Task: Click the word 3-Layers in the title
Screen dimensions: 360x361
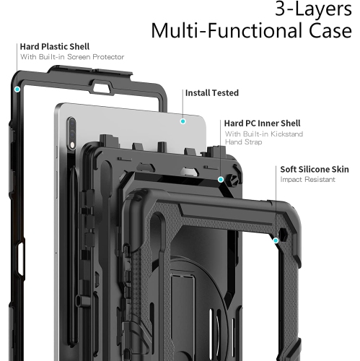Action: [x=313, y=9]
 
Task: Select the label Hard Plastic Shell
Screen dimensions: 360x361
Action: [x=55, y=47]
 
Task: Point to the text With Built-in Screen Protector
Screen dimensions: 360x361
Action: [x=72, y=57]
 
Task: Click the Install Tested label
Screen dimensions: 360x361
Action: [x=212, y=93]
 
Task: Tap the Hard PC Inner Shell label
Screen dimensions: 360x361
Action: [x=262, y=123]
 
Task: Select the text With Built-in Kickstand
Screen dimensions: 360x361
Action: [x=264, y=134]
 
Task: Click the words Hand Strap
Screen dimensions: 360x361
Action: [x=243, y=142]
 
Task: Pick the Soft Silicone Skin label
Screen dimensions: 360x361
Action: [x=315, y=170]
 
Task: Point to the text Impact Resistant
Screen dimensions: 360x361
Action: [x=307, y=180]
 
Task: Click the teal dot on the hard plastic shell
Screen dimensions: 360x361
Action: [x=17, y=90]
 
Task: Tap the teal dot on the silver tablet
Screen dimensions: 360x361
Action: [x=183, y=121]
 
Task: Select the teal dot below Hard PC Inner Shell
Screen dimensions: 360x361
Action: [x=221, y=180]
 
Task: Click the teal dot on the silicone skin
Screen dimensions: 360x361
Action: [x=276, y=240]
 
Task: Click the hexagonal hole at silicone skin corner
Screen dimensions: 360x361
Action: [x=284, y=235]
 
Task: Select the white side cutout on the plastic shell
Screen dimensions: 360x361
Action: [x=21, y=258]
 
